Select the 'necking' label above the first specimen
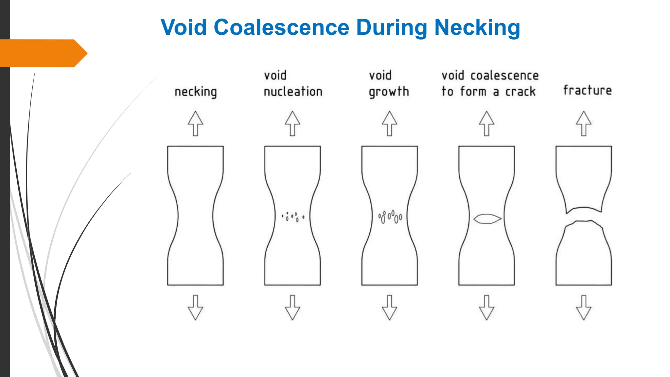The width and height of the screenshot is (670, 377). [x=196, y=92]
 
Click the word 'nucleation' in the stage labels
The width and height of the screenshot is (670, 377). [x=293, y=92]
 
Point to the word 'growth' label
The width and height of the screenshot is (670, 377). [x=389, y=92]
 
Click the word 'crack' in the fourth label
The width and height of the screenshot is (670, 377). [x=520, y=92]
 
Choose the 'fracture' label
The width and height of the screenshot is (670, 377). [x=587, y=90]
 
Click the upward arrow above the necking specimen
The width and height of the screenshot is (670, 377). [x=196, y=124]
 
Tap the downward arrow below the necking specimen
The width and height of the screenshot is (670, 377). [x=196, y=308]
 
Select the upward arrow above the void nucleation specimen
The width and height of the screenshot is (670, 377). [x=292, y=124]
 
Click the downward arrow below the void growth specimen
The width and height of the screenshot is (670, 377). [x=389, y=308]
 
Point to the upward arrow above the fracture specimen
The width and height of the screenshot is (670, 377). [x=584, y=124]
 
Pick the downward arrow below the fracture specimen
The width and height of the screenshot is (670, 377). [x=584, y=308]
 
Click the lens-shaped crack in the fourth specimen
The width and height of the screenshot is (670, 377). [x=487, y=219]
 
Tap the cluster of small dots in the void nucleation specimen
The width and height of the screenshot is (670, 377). [x=293, y=217]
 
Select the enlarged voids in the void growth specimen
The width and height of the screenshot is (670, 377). [x=390, y=217]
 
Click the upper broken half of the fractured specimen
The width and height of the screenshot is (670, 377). [x=584, y=177]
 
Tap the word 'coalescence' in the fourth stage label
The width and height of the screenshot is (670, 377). [x=504, y=76]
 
